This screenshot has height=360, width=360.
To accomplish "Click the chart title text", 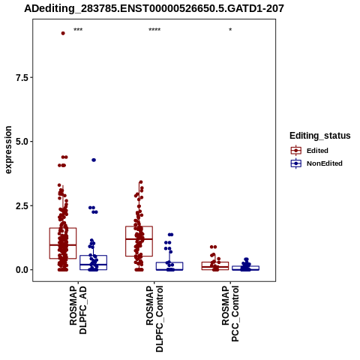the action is click(x=154, y=8).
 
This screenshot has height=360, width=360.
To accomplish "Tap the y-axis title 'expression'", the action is click(x=8, y=150).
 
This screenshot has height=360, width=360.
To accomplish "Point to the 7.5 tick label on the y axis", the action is click(x=22, y=77).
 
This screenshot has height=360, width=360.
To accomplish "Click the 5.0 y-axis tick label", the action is click(x=22, y=142).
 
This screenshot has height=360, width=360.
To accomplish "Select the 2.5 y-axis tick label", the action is click(x=22, y=205).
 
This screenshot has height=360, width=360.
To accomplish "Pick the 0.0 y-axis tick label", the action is click(x=22, y=270).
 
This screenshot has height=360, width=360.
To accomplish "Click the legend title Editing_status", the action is click(x=320, y=136).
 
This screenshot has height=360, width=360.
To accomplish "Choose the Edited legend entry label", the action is click(x=317, y=151).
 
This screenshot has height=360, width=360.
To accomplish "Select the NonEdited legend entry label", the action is click(x=325, y=163).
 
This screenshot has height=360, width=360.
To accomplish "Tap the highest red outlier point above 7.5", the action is click(x=63, y=33).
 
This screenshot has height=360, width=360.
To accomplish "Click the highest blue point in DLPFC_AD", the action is click(x=94, y=160).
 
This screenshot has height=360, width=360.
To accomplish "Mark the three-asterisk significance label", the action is click(x=78, y=30).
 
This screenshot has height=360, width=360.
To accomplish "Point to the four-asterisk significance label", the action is click(x=154, y=30).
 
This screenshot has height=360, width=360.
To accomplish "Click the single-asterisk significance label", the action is click(x=230, y=30).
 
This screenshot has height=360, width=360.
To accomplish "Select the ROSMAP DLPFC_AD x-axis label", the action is click(x=78, y=310).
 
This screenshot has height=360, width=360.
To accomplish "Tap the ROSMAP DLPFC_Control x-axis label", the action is click(x=154, y=319).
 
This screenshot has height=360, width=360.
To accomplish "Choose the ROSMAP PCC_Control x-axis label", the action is click(x=230, y=313).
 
